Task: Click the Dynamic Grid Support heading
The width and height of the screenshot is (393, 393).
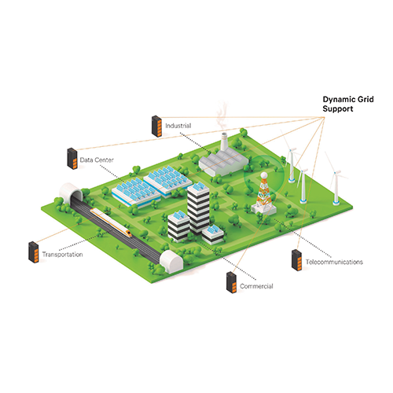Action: point(348,104)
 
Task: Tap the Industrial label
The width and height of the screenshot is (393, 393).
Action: point(178,126)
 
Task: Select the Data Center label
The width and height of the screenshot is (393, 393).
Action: point(97,160)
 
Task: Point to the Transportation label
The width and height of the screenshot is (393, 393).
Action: point(63,255)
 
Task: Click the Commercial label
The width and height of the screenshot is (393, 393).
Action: point(256,286)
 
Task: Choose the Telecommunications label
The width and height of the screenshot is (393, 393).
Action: point(334,262)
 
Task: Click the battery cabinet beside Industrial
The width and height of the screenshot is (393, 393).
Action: point(156,126)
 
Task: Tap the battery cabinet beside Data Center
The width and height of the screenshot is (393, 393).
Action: point(72,159)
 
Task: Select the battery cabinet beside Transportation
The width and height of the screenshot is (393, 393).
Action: point(34,252)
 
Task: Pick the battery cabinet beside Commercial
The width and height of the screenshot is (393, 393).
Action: point(232,282)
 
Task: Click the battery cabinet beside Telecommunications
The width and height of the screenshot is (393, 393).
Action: point(297,260)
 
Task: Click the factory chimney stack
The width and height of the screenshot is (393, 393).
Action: point(224,142)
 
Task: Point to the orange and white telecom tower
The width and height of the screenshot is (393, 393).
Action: point(263,193)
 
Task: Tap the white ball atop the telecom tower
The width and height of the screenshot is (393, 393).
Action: point(264,175)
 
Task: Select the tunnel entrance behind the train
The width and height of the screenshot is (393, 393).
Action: point(72,191)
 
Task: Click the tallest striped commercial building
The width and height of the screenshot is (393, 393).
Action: point(198,207)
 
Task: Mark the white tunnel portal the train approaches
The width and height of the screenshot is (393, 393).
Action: point(171,262)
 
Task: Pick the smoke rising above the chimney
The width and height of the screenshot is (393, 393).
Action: point(222,116)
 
